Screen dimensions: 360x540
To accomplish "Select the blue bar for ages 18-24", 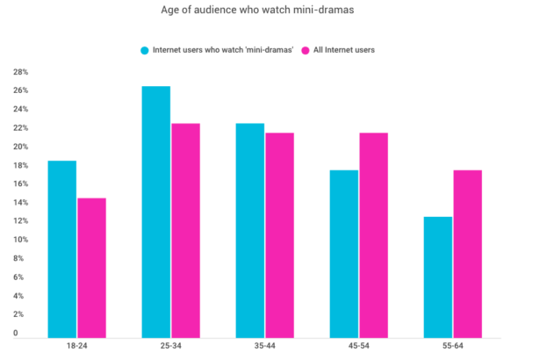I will [61, 249].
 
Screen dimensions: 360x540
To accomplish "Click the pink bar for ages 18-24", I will [91, 268].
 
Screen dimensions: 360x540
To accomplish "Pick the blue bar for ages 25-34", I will [155, 212].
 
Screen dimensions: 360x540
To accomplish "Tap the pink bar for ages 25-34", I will [185, 230].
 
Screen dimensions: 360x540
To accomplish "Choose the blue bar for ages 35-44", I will [249, 230].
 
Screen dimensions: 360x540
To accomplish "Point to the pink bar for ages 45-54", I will [373, 235].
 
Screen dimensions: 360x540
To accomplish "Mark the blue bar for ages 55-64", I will [437, 277].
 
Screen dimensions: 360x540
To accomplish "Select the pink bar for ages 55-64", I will [467, 254].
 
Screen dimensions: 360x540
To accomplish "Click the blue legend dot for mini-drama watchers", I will [143, 50].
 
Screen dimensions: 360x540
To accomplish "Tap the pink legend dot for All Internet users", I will [306, 50].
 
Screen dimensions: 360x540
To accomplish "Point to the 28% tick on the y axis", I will [20, 72].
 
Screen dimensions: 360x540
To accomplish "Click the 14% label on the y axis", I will [20, 203].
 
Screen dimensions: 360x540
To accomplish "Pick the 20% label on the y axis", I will [20, 147].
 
